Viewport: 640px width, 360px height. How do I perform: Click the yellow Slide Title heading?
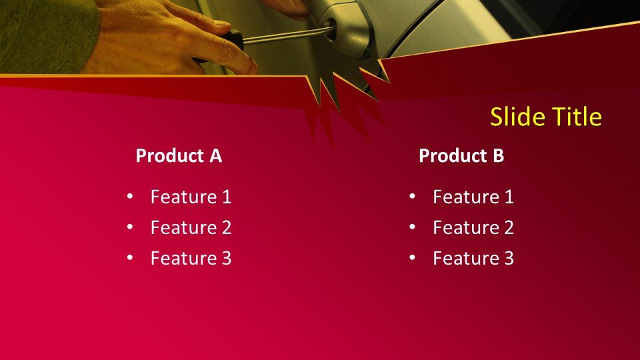(546, 117)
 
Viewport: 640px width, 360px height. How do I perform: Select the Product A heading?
(179, 155)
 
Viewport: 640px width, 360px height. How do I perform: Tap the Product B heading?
(461, 155)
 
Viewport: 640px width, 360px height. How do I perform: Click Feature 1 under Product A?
(191, 197)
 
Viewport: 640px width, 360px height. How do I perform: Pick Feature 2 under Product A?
(191, 227)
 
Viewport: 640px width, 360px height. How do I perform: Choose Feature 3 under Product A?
(191, 258)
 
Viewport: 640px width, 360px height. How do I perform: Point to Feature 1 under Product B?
(473, 197)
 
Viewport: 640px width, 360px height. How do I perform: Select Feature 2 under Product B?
(473, 227)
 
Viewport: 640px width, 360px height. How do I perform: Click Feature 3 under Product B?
(473, 258)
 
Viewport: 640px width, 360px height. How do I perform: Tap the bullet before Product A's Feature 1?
(130, 196)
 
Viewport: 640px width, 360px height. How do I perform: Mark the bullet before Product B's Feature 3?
(412, 257)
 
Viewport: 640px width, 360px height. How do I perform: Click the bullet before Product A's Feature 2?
(130, 227)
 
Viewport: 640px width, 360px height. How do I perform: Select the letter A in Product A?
(216, 155)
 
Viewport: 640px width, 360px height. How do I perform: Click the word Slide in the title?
(515, 117)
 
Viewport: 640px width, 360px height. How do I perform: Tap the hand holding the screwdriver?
(171, 39)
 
